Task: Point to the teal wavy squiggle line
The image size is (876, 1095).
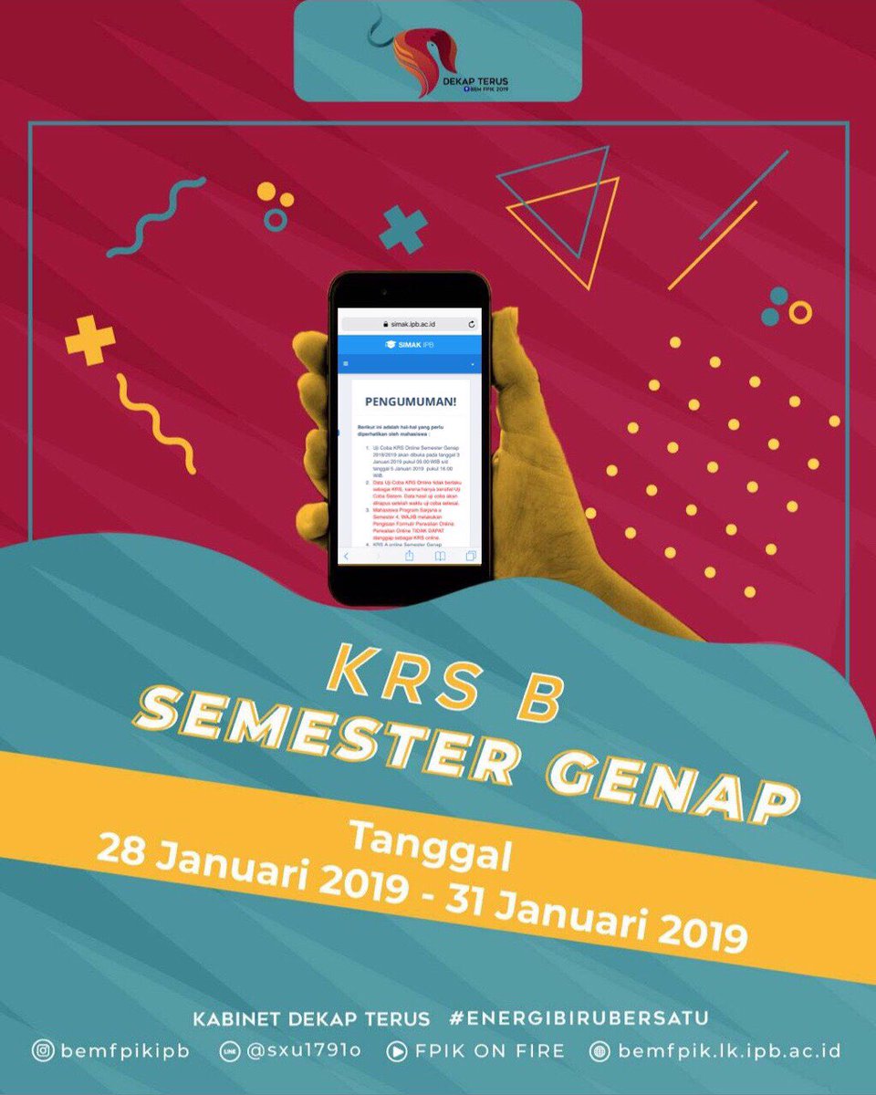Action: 155,217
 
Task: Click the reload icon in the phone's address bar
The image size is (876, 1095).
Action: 471,324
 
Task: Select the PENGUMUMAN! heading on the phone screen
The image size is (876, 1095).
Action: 410,401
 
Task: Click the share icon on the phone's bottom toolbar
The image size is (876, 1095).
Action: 410,555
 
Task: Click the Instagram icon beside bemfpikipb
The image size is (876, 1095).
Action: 42,1051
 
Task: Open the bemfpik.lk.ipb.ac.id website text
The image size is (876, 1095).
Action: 729,1051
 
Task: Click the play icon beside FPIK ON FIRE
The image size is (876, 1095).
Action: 397,1051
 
